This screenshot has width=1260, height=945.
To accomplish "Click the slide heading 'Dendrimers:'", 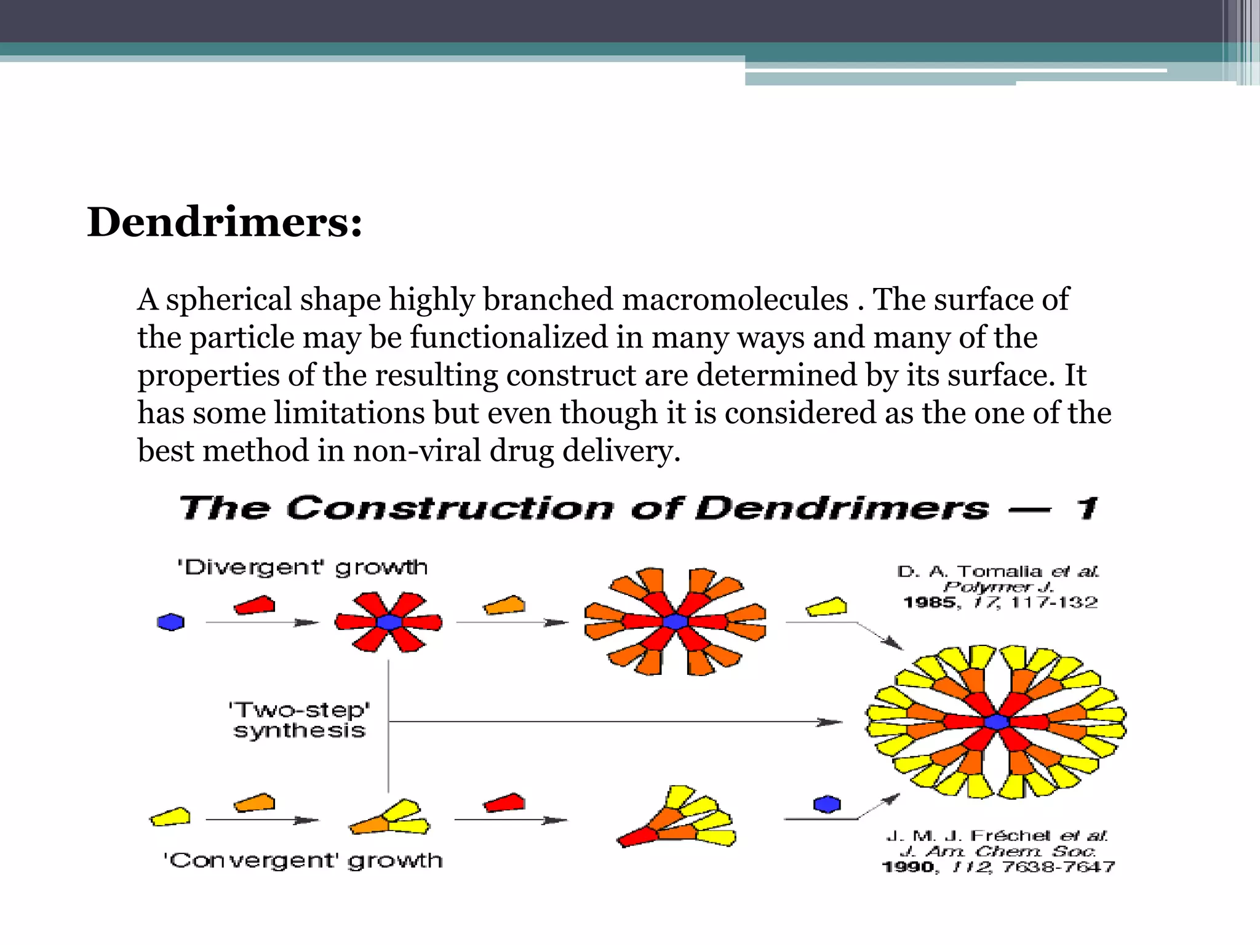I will click(225, 222).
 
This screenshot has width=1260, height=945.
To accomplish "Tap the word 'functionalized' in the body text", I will click(509, 338).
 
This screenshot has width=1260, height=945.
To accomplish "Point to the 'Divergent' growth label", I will click(302, 567).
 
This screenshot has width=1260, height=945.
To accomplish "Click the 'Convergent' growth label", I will click(303, 860).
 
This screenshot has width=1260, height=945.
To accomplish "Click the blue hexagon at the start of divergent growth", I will click(170, 623).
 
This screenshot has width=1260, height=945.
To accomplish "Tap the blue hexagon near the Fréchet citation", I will click(827, 804).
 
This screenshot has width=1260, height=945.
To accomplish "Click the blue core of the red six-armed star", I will click(389, 622).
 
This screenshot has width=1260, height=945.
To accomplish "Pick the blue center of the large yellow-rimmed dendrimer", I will click(996, 722).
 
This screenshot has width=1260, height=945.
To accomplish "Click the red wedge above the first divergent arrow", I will click(254, 605).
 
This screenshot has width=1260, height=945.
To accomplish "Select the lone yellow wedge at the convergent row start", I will click(170, 817).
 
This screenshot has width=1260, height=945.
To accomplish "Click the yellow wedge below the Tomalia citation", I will click(826, 607).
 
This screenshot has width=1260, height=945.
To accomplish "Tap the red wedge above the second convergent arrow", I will click(504, 803).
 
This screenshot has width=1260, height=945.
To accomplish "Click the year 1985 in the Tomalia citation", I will click(929, 602).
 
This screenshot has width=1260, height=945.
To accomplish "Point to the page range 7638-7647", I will click(1058, 867).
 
